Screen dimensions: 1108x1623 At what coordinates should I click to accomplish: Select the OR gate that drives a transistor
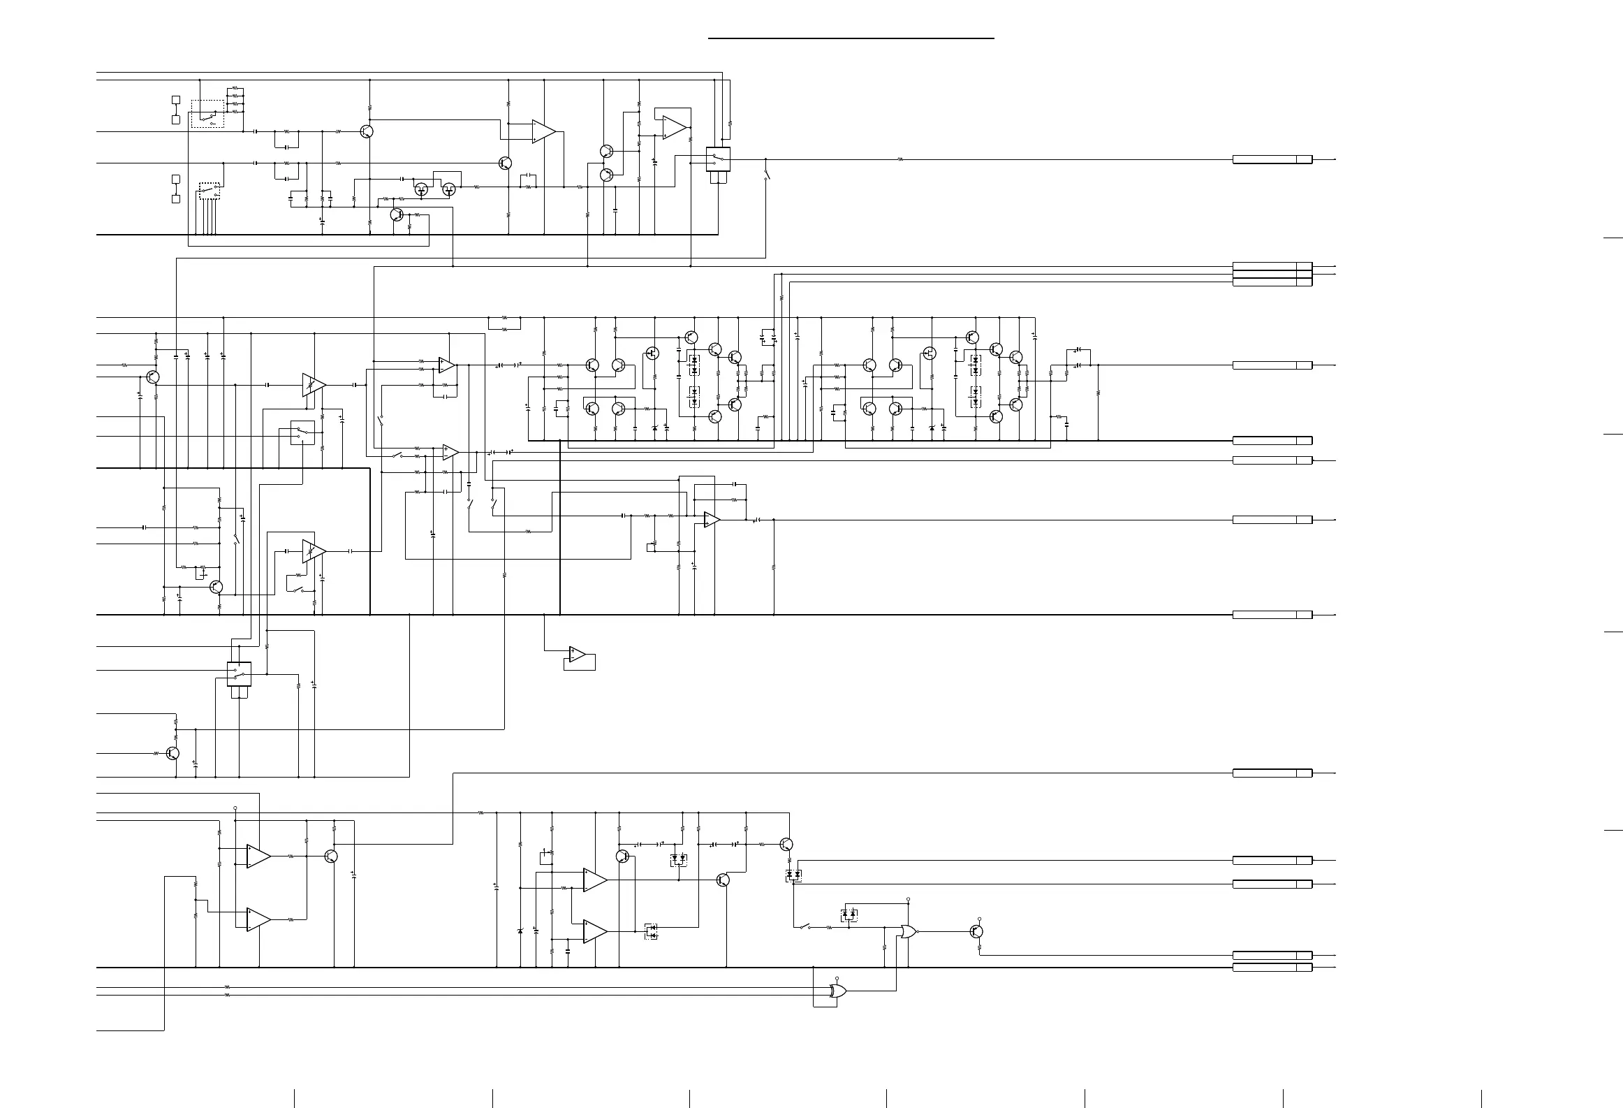(908, 931)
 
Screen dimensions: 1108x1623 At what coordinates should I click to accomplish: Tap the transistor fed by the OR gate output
(977, 931)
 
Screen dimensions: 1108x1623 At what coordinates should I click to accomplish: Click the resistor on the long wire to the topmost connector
(899, 159)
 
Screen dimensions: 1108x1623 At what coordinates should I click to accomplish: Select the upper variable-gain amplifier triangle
(314, 385)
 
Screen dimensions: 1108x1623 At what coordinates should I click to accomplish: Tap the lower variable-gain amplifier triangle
(314, 551)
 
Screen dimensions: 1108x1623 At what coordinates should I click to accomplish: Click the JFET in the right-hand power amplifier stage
(930, 353)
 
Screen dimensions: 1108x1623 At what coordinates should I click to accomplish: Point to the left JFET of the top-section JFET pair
(421, 189)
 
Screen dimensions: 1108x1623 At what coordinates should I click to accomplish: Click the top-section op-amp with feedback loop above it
(675, 127)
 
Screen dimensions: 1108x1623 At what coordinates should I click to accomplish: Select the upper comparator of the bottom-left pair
(258, 856)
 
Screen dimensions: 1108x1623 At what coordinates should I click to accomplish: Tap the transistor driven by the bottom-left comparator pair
(332, 856)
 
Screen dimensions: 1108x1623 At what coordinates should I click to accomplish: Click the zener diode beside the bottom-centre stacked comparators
(520, 931)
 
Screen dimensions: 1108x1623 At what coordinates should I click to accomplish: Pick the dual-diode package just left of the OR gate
(849, 914)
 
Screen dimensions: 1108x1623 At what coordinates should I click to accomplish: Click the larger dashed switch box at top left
(207, 114)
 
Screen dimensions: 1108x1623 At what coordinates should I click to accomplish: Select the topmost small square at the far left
(176, 100)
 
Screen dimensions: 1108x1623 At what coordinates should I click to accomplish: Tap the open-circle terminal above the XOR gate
(837, 979)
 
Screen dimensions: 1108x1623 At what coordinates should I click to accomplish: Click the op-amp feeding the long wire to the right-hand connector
(711, 520)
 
